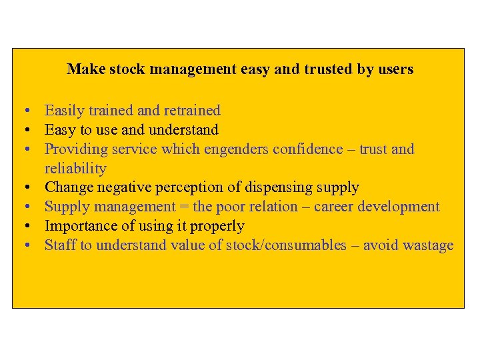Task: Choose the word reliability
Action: (x=75, y=168)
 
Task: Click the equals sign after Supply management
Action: (x=183, y=207)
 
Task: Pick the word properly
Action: (x=218, y=226)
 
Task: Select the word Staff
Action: (x=60, y=245)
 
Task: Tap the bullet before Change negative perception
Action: (x=23, y=188)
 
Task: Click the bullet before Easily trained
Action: (x=23, y=111)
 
